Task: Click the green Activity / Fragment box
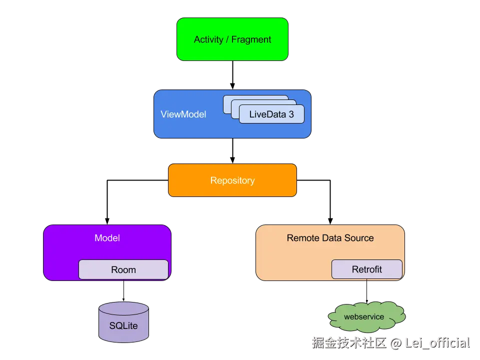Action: pos(232,39)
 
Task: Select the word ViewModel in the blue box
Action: pos(183,114)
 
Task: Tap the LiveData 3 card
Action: pos(271,114)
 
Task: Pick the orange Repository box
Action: pos(232,180)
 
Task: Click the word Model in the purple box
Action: pos(107,238)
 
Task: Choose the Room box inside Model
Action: pos(123,269)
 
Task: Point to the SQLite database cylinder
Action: pos(123,322)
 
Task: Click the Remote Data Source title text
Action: pos(330,238)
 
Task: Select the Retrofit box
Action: pos(367,269)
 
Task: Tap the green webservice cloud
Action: pos(366,317)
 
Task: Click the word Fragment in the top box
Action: pos(251,39)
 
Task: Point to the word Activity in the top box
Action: pos(208,39)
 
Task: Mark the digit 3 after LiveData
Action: pos(291,114)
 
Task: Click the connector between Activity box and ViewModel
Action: pos(232,75)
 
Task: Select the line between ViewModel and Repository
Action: pos(232,151)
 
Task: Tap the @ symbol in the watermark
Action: pos(395,342)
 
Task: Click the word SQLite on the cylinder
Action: pos(123,326)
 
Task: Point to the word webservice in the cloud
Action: pos(364,316)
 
